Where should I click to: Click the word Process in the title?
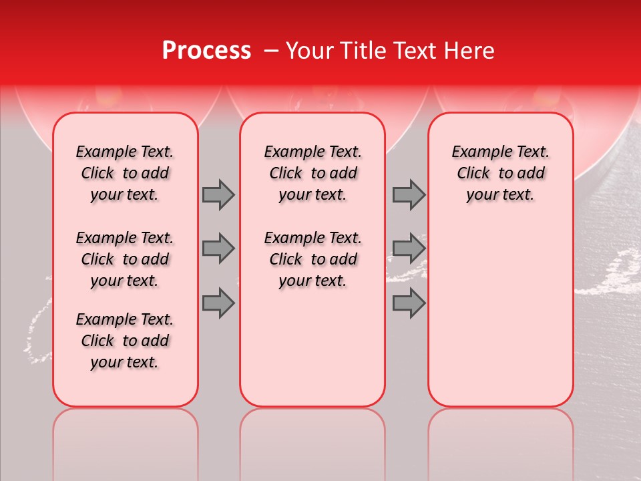click(x=206, y=51)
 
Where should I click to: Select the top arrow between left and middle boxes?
click(x=218, y=194)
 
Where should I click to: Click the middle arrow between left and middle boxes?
click(x=218, y=249)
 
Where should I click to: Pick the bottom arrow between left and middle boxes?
click(x=218, y=303)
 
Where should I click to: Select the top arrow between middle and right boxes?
click(x=409, y=194)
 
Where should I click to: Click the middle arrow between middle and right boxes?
click(x=409, y=249)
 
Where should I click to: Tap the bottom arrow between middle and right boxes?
click(x=409, y=303)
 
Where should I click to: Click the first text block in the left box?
click(x=125, y=173)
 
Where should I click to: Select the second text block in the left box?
click(x=125, y=259)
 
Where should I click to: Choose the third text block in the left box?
click(x=125, y=341)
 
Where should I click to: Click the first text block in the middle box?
click(x=312, y=173)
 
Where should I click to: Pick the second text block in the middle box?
click(x=312, y=259)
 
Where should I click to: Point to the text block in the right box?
click(x=500, y=173)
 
